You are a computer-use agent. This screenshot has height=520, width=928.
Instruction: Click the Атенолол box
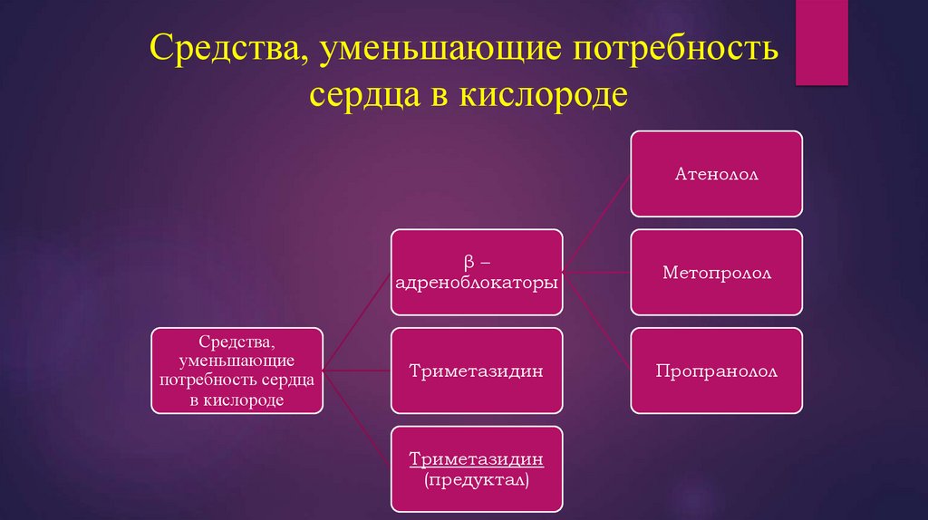pyautogui.click(x=716, y=174)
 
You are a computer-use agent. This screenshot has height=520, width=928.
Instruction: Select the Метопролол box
pyautogui.click(x=716, y=272)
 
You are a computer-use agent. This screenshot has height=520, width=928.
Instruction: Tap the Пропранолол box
pyautogui.click(x=716, y=371)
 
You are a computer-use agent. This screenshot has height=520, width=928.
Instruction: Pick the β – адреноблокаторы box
pyautogui.click(x=477, y=272)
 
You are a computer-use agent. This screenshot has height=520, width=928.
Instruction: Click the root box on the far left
pyautogui.click(x=237, y=371)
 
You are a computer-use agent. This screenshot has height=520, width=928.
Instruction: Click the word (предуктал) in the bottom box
pyautogui.click(x=477, y=479)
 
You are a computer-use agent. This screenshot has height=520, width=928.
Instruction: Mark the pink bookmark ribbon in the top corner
pyautogui.click(x=821, y=41)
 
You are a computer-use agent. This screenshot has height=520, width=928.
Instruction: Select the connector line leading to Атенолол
pyautogui.click(x=596, y=223)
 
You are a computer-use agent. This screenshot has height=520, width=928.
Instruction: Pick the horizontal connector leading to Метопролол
pyautogui.click(x=596, y=272)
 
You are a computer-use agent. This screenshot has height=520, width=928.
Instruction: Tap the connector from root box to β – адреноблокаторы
pyautogui.click(x=357, y=322)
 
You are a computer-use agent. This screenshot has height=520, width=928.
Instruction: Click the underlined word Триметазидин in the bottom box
pyautogui.click(x=477, y=459)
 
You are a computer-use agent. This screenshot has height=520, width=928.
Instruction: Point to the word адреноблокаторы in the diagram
pyautogui.click(x=477, y=283)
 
